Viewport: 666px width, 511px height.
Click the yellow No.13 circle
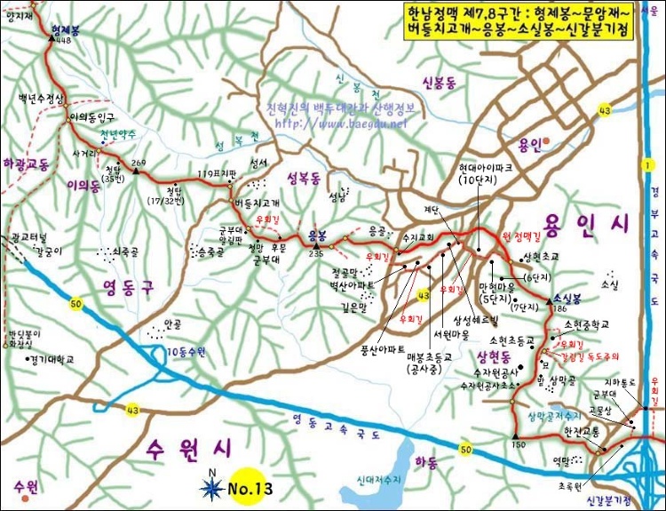coord(248,486)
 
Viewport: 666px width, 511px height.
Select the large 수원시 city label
coord(187,444)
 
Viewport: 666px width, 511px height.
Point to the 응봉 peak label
coord(316,236)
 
